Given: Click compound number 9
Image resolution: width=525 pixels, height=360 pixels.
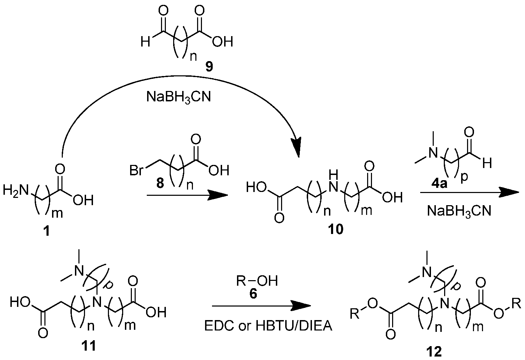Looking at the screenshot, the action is pos(209,67).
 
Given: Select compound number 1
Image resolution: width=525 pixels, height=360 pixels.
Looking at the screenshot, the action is pos(47,232).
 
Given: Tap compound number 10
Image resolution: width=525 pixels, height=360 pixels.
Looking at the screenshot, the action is pos(336,229).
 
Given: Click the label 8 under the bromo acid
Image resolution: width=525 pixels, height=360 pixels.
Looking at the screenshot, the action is pos(160,183).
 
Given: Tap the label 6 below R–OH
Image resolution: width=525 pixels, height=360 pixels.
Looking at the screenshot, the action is pos(253,293).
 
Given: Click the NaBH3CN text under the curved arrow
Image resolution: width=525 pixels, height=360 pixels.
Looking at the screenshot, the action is pos(179,97).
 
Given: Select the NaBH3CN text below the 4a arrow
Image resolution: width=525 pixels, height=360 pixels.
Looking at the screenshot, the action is pos(459,211).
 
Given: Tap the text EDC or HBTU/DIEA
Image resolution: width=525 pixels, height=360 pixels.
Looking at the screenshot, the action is pos(268,326).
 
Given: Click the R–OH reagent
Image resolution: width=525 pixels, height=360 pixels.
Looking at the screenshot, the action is pos(257,281).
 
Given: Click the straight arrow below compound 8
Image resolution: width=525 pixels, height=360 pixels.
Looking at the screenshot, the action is pos(187,195).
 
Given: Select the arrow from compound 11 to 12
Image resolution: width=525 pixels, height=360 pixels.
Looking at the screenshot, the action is pos(261,306).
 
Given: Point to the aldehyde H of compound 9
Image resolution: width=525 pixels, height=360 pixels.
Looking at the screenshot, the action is pos(145,42).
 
